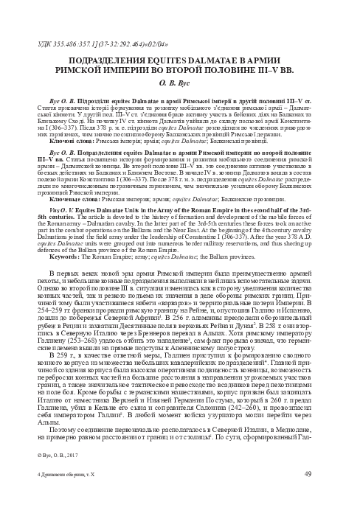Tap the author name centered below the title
coord(180,85)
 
